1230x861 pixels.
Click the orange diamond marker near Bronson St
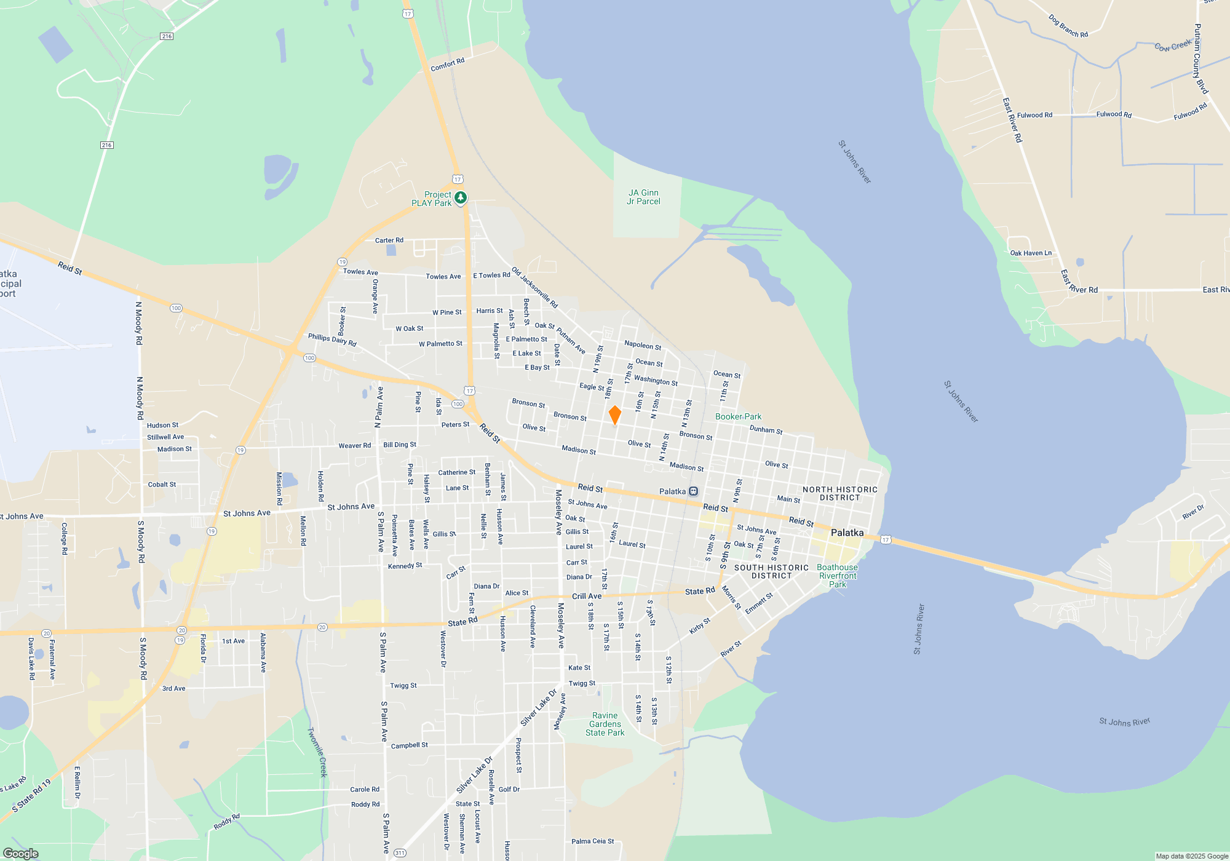(614, 415)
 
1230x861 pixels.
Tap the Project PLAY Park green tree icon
(461, 198)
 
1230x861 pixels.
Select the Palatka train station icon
(694, 491)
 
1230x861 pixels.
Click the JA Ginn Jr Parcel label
(643, 197)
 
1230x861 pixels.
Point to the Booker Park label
(738, 416)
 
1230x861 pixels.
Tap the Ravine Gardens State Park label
(605, 724)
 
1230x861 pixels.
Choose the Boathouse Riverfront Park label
(837, 576)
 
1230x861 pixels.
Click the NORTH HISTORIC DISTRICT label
(839, 494)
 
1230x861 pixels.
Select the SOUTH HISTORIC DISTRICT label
(771, 572)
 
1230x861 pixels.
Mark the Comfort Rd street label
(447, 65)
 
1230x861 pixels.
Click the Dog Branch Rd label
(1068, 26)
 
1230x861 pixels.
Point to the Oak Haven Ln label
(1031, 253)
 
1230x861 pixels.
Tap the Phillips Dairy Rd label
(332, 339)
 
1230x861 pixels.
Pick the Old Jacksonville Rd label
(534, 287)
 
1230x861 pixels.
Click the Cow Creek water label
(1173, 46)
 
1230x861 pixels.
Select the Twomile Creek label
(317, 752)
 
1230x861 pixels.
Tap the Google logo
(21, 853)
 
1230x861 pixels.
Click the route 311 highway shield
(400, 853)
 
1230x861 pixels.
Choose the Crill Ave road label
(587, 596)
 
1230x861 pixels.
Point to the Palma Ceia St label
(592, 841)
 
